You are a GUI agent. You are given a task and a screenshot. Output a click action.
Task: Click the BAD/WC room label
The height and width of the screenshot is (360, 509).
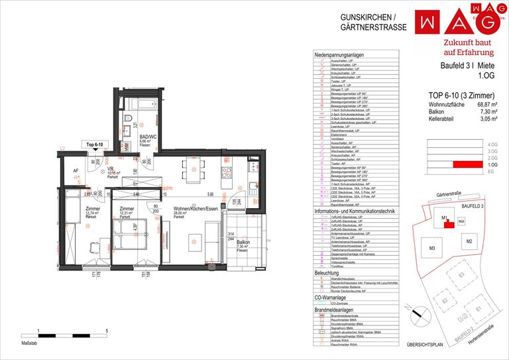pos(148,137)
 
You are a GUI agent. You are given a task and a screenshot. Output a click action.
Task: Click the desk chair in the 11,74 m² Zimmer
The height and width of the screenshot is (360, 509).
pos(97,269)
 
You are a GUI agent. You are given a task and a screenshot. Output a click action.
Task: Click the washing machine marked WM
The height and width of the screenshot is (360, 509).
pos(127,145)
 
